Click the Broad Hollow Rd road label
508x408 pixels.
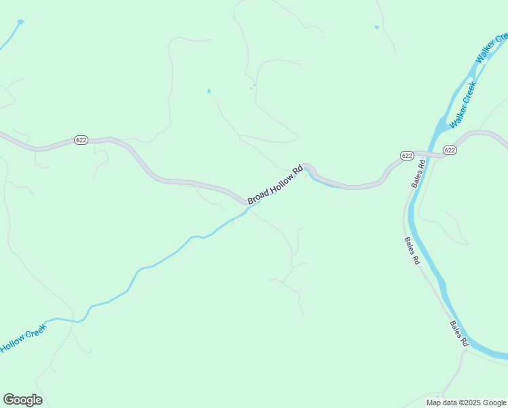pyautogui.click(x=274, y=184)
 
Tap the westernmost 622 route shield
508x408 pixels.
pyautogui.click(x=81, y=140)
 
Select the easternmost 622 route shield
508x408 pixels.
pyautogui.click(x=450, y=150)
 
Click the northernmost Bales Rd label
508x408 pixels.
pyautogui.click(x=418, y=173)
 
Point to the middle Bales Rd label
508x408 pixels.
pyautogui.click(x=412, y=251)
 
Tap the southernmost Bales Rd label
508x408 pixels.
pyautogui.click(x=459, y=332)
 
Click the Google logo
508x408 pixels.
pyautogui.click(x=22, y=400)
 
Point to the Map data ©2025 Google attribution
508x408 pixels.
pyautogui.click(x=465, y=403)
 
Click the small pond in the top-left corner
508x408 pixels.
pyautogui.click(x=20, y=22)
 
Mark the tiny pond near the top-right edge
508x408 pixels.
pyautogui.click(x=376, y=27)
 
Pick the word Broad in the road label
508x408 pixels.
pyautogui.click(x=255, y=197)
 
